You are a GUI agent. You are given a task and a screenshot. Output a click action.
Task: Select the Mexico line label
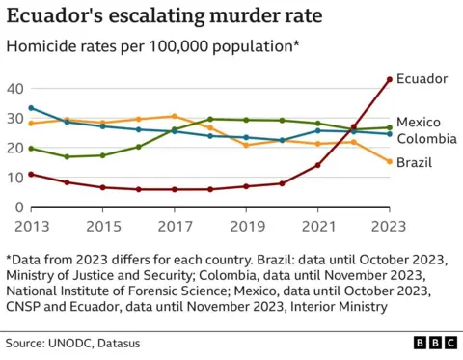(420, 122)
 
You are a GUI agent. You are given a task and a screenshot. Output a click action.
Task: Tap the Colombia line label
(427, 139)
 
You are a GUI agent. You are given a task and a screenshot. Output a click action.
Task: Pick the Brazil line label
(415, 162)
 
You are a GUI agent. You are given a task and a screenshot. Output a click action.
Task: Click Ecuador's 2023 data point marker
(389, 79)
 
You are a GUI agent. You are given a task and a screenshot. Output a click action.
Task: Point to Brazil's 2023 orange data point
(389, 161)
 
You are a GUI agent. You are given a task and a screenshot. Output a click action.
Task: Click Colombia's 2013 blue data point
(31, 108)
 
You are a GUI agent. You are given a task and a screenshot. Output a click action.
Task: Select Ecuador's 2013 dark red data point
(31, 174)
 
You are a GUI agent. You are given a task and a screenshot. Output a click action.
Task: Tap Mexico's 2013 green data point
(31, 149)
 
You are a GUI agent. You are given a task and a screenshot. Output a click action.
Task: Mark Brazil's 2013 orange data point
(31, 124)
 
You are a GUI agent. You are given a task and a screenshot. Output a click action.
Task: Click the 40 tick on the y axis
(14, 89)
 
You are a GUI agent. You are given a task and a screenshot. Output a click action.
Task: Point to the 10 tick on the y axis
(14, 178)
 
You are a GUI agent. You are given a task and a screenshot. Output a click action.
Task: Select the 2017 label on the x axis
(174, 225)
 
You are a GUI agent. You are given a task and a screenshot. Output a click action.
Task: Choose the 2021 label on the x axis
(317, 225)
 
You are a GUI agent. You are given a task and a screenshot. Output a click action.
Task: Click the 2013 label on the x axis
(31, 225)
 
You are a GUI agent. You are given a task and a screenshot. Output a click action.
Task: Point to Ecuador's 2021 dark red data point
(317, 165)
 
